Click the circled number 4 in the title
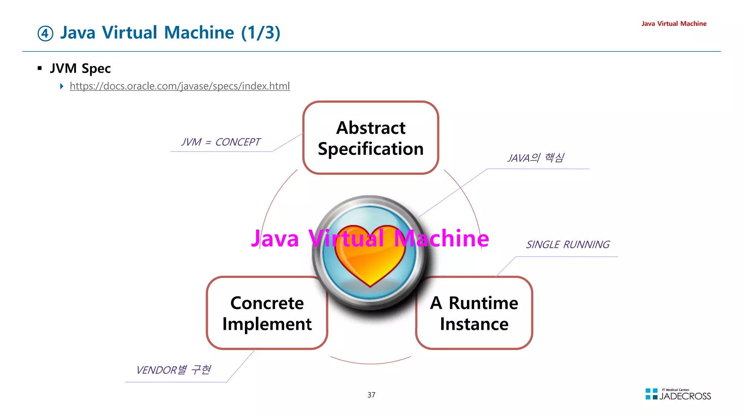click(45, 34)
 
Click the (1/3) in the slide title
click(261, 33)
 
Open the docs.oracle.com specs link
click(180, 86)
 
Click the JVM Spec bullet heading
click(80, 68)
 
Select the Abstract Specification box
click(370, 138)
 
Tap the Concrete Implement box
click(267, 313)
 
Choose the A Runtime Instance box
click(474, 313)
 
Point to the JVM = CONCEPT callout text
click(221, 142)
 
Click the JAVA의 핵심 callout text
click(535, 158)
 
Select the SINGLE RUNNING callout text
click(568, 245)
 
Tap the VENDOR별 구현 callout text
click(173, 370)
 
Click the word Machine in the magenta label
click(442, 239)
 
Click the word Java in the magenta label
click(275, 239)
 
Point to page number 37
click(371, 395)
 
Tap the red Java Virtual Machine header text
click(674, 24)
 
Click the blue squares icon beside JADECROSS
click(651, 394)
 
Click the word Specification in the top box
click(370, 149)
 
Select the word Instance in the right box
click(474, 324)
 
